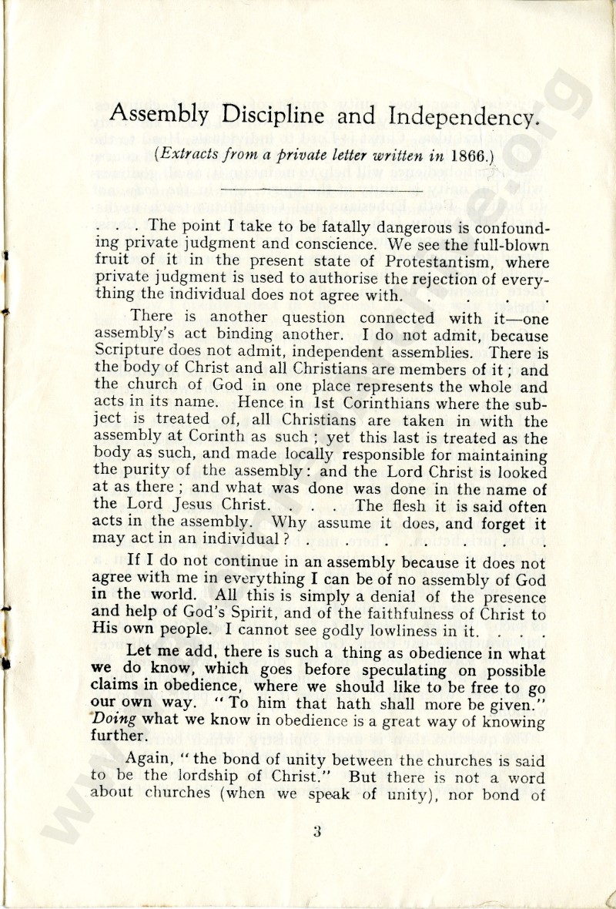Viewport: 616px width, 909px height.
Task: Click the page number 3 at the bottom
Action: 316,831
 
